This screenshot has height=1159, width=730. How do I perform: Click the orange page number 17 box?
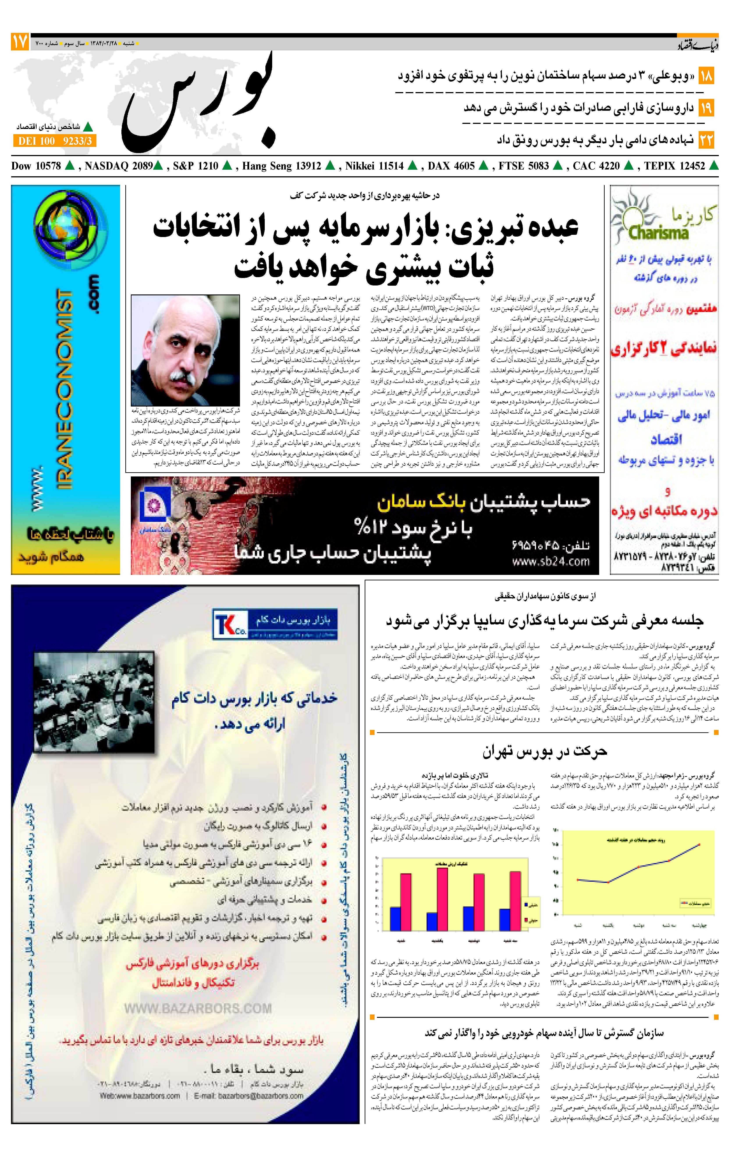click(x=20, y=42)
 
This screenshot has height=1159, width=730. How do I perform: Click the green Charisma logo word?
click(x=658, y=233)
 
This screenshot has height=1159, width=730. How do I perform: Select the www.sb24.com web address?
click(x=551, y=561)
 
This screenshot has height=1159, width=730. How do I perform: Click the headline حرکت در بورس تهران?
click(x=545, y=751)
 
